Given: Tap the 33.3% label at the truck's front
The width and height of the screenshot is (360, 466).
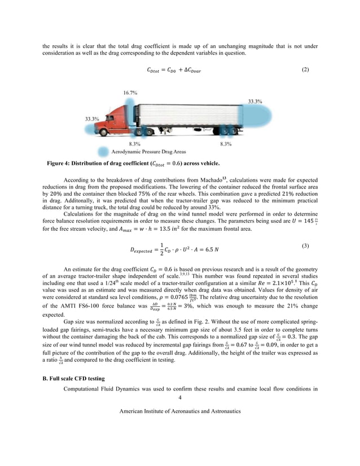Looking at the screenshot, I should point(92,119).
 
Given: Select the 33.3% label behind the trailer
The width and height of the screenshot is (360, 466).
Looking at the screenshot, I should point(255,102).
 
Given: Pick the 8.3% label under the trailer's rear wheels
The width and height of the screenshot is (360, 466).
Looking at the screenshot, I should point(226,144).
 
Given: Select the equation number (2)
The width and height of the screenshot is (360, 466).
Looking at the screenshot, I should point(305,69).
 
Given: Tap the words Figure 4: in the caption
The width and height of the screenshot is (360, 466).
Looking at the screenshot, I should point(61,164).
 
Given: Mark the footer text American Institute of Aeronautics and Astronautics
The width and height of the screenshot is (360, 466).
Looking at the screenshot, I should point(180,411).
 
